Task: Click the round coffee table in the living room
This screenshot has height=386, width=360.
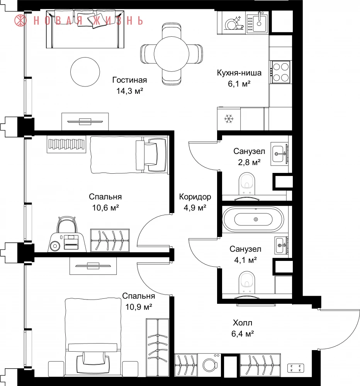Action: tap(85, 72)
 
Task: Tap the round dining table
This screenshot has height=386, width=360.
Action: tap(172, 54)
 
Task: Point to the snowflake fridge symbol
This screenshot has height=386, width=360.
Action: tap(229, 119)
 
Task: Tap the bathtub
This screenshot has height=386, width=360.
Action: tap(253, 219)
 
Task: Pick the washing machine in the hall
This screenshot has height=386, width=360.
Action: tap(209, 365)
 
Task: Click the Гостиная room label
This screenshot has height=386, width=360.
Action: tap(130, 80)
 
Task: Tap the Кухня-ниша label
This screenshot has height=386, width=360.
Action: tap(239, 73)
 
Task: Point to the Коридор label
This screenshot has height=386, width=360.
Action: tap(195, 197)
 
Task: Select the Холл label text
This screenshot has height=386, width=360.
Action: tap(243, 322)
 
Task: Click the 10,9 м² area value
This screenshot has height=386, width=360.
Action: tap(139, 307)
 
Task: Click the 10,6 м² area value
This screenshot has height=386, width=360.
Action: tap(105, 208)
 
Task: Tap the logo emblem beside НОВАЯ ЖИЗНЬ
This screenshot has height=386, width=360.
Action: tap(20, 20)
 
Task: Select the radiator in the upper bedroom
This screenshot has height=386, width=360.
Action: tap(66, 144)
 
